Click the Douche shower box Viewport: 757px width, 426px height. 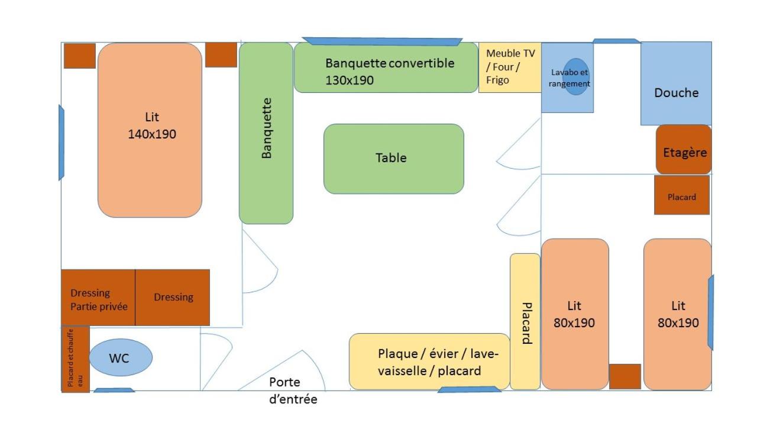[x=676, y=83]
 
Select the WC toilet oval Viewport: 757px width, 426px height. [x=121, y=357]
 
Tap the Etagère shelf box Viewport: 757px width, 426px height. [x=684, y=150]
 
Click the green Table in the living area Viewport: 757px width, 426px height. [x=393, y=159]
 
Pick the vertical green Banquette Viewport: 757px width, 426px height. [x=266, y=133]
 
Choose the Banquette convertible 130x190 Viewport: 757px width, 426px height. [x=386, y=68]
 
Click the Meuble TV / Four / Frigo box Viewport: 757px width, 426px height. [x=510, y=67]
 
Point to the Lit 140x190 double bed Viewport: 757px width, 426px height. [x=150, y=130]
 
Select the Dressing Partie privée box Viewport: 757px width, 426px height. [x=98, y=298]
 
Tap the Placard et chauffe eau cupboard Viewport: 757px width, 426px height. [x=75, y=359]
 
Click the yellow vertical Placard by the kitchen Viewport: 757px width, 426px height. [x=525, y=321]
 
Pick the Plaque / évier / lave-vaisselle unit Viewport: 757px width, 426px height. [x=429, y=362]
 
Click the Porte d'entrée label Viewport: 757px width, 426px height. [x=293, y=390]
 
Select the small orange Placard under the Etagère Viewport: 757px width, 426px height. [x=681, y=195]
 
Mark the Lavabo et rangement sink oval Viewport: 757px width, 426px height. [x=575, y=77]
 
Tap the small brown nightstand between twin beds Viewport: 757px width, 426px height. [x=625, y=376]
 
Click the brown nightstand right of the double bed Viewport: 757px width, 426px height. [x=221, y=54]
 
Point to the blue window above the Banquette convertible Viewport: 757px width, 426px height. [x=382, y=41]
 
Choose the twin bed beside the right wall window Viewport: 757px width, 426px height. [x=677, y=314]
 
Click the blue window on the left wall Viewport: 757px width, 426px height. [x=61, y=142]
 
